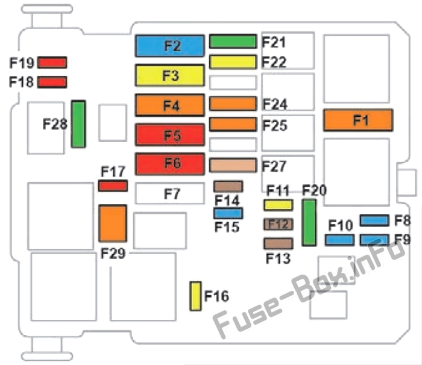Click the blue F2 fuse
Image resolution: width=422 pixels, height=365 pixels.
(170, 46)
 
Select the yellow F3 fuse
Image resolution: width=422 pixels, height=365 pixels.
(170, 75)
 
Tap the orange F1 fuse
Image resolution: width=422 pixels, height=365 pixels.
(358, 120)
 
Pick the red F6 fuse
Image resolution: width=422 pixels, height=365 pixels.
(170, 164)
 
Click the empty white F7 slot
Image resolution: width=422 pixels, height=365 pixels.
(170, 193)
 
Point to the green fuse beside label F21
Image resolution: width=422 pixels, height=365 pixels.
(233, 42)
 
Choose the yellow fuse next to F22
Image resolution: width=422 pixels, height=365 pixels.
(233, 62)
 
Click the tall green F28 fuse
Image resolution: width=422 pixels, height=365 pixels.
(78, 124)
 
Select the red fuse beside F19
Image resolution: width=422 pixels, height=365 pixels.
(52, 63)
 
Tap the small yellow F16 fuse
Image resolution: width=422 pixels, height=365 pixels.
(195, 296)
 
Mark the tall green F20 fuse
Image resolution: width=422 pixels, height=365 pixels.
(309, 222)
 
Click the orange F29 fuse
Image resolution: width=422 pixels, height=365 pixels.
(113, 223)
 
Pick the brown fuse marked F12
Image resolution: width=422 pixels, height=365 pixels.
(279, 224)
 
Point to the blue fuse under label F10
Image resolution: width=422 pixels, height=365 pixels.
(339, 240)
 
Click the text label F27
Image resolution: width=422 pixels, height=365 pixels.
(274, 166)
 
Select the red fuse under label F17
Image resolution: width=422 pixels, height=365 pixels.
(113, 186)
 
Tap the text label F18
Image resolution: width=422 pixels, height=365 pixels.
(21, 82)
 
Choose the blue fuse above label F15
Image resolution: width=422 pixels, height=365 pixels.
(228, 213)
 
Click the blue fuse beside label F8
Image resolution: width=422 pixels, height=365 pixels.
(374, 220)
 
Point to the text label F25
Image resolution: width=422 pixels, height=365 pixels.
(275, 125)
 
